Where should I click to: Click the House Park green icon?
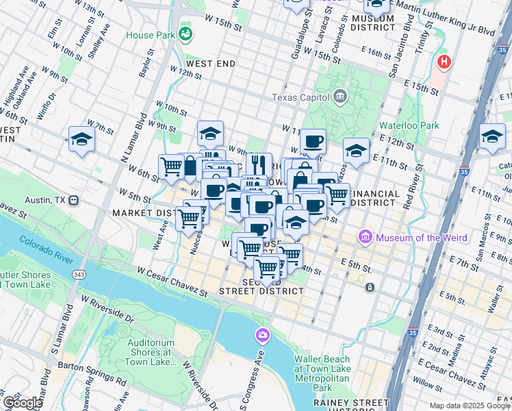185,33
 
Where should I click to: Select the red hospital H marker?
444,62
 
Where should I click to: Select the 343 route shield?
79,274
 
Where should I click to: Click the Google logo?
22,402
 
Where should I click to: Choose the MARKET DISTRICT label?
141,213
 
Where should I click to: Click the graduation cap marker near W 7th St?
81,140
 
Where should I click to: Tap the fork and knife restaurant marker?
259,164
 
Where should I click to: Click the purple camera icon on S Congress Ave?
262,336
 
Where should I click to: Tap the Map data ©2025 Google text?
469,406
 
